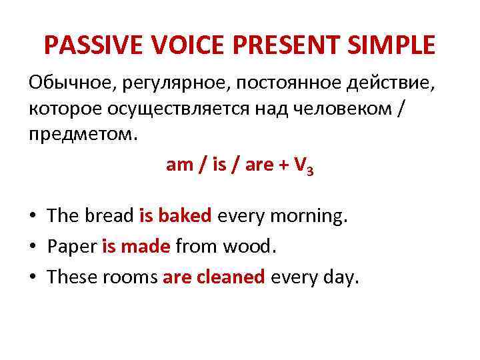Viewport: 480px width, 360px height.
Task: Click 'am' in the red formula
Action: point(179,165)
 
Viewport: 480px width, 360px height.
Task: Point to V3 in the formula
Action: point(304,167)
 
